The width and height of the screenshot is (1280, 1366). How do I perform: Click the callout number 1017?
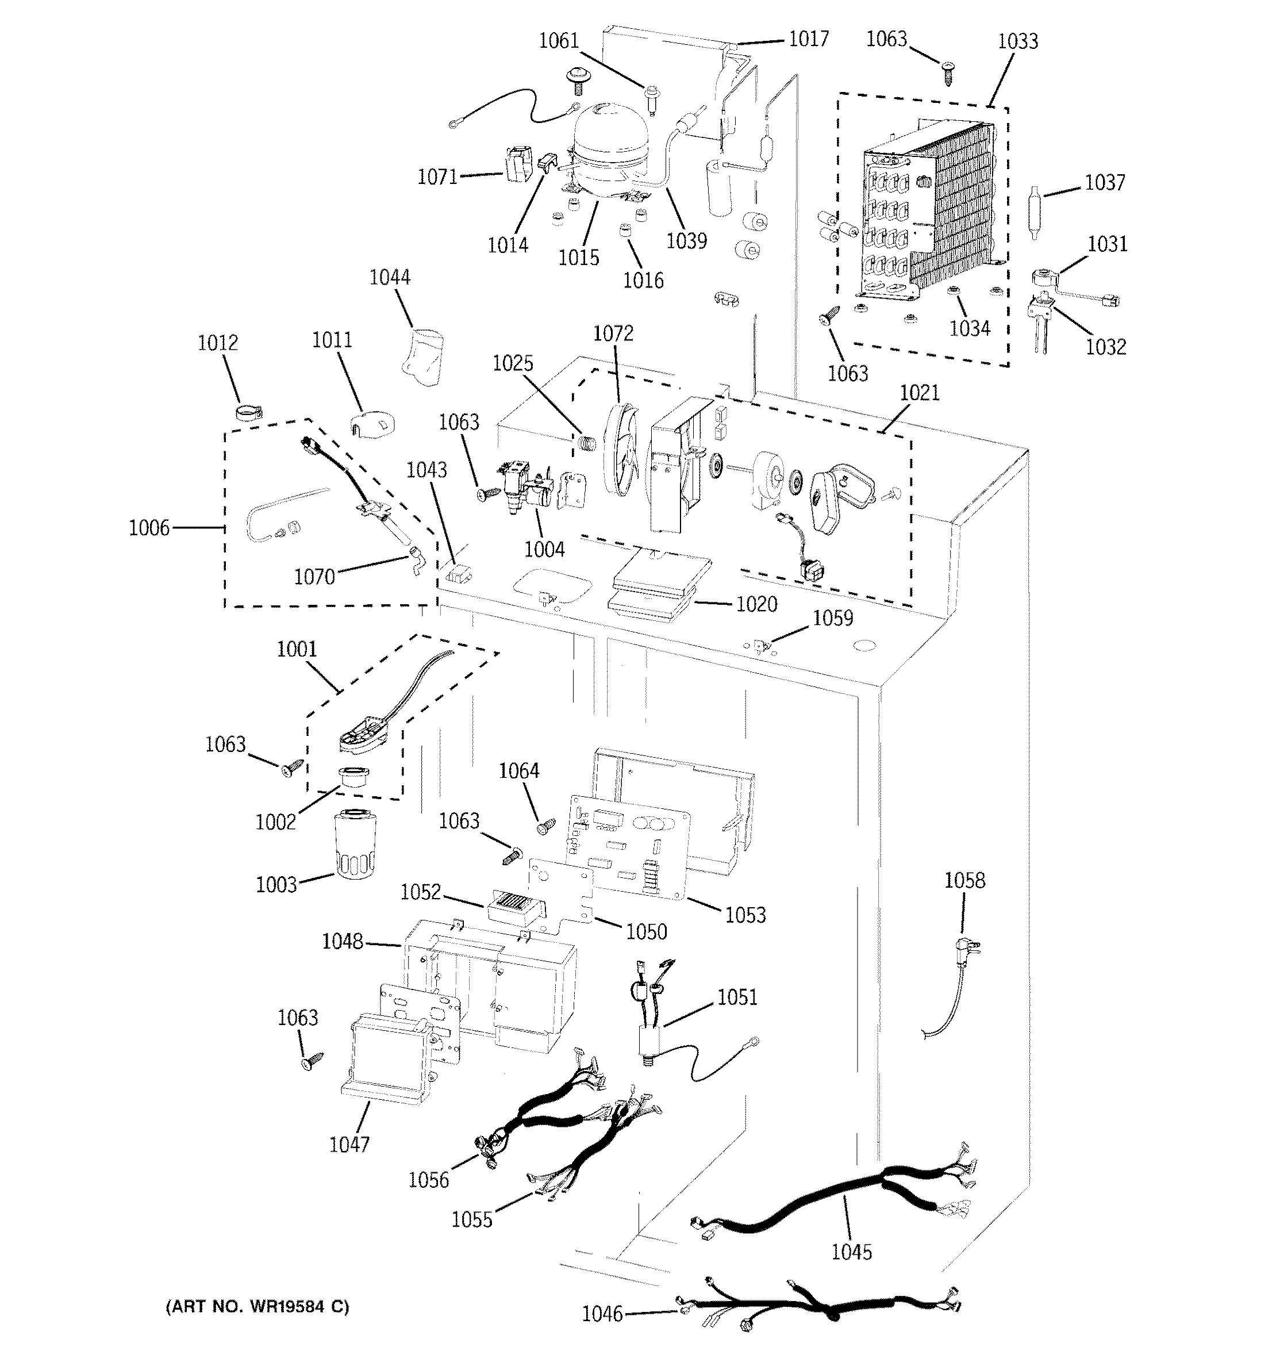coord(808,39)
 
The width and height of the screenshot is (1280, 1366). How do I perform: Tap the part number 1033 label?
coord(1017,41)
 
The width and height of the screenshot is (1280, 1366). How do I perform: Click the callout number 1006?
coord(149,528)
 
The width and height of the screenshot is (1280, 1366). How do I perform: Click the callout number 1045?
coord(851,1252)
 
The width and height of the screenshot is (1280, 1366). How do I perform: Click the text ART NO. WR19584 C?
coord(257,1306)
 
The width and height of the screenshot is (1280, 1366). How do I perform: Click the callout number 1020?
coord(756,604)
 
